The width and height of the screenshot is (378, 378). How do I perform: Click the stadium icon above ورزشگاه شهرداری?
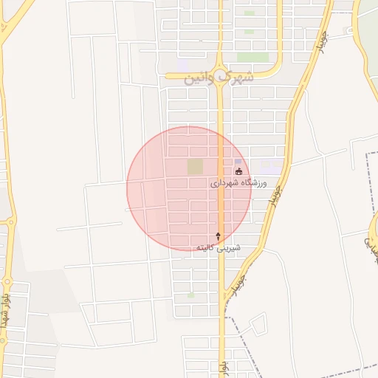(x=238, y=171)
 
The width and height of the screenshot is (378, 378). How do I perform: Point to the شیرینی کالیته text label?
(x=218, y=247)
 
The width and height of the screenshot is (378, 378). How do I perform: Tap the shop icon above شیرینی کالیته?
(x=218, y=236)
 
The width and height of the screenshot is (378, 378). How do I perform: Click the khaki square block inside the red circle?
(x=195, y=167)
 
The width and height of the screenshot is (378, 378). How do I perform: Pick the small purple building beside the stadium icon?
(x=238, y=162)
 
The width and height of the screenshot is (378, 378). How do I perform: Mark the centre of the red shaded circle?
(x=189, y=189)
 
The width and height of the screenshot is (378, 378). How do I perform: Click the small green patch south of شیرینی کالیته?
(x=191, y=295)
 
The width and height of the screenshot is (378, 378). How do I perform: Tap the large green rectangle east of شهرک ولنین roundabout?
(x=252, y=57)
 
